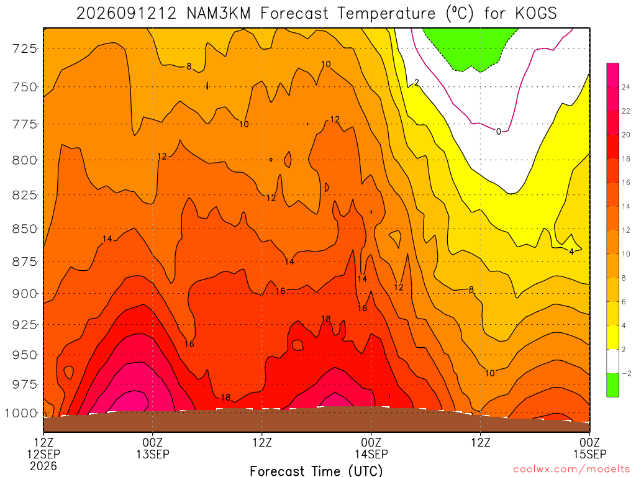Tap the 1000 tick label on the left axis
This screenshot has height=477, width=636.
pyautogui.click(x=20, y=413)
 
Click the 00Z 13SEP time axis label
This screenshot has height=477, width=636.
pyautogui.click(x=153, y=448)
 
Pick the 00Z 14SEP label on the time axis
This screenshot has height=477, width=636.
pyautogui.click(x=371, y=448)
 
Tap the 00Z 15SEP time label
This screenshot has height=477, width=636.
pyautogui.click(x=590, y=448)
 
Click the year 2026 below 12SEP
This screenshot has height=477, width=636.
pyautogui.click(x=43, y=466)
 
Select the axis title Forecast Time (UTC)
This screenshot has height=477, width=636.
pyautogui.click(x=316, y=471)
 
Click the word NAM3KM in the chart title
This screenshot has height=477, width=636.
pyautogui.click(x=219, y=14)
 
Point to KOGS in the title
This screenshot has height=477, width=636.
pyautogui.click(x=536, y=14)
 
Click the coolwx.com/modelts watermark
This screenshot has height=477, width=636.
pyautogui.click(x=571, y=470)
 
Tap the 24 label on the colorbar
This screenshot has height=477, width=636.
pyautogui.click(x=626, y=87)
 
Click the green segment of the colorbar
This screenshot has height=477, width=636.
pyautogui.click(x=612, y=385)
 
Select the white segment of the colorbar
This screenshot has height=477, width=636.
pyautogui.click(x=612, y=361)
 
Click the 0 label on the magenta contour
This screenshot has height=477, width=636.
pyautogui.click(x=499, y=131)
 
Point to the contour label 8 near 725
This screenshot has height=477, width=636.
pyautogui.click(x=189, y=66)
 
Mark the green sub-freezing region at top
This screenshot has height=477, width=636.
pyautogui.click(x=471, y=47)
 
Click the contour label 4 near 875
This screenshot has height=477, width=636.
pyautogui.click(x=571, y=252)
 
